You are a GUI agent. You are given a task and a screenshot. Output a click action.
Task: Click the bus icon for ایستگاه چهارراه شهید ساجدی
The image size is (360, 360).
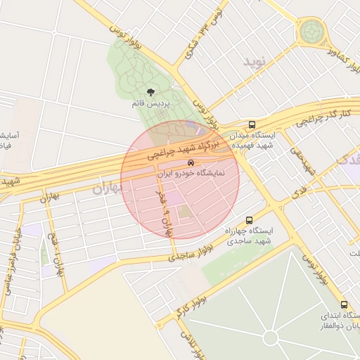pos(250,220)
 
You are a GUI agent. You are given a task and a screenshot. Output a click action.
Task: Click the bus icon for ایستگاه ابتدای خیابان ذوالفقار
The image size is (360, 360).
pos(344,304)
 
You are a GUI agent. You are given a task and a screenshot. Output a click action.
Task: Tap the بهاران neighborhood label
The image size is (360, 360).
pos(107,188)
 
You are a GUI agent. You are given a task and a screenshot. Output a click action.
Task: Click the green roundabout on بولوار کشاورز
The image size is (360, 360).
pos(311,31)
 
